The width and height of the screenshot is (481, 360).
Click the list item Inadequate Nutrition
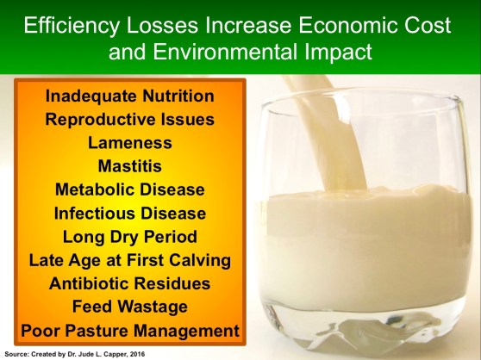point(129,95)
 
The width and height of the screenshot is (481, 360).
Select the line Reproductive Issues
point(129,118)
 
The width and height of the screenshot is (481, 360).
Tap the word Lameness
point(129,141)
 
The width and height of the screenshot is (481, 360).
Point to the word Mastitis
point(129,164)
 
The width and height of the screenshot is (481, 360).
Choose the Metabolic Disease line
point(129,189)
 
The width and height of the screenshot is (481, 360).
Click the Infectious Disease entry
point(129,212)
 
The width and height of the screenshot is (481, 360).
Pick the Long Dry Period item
point(129,236)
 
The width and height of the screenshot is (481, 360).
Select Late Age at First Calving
point(129,259)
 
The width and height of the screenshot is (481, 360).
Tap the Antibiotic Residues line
point(129,282)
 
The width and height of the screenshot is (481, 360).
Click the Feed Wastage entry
point(129,306)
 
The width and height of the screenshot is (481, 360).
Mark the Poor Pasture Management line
point(129,330)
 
